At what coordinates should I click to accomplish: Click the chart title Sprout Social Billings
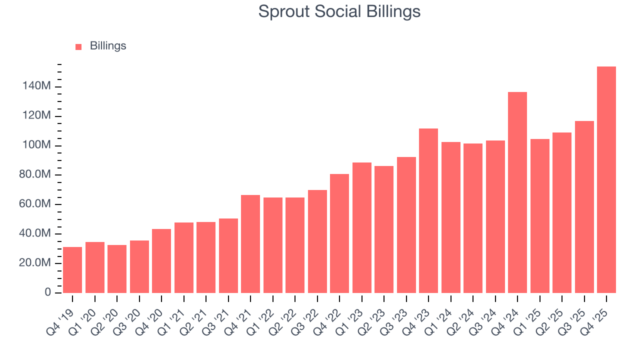pos(339,11)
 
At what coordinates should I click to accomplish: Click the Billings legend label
pos(108,46)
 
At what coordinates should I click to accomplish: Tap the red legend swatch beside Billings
pos(78,46)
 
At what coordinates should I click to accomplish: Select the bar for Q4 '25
pos(606,179)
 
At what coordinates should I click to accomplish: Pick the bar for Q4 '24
pos(517,192)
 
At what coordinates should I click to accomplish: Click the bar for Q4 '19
pos(72,270)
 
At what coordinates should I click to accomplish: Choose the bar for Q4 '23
pos(428,210)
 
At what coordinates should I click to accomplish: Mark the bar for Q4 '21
pos(250,244)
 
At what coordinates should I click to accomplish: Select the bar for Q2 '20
pos(117,269)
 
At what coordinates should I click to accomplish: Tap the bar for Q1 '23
pos(361,227)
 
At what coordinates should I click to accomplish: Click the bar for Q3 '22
pos(317,241)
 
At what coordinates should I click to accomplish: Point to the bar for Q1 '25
pos(539,216)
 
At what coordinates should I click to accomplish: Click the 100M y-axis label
pos(36,145)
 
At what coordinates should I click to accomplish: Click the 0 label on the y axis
pos(47,292)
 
